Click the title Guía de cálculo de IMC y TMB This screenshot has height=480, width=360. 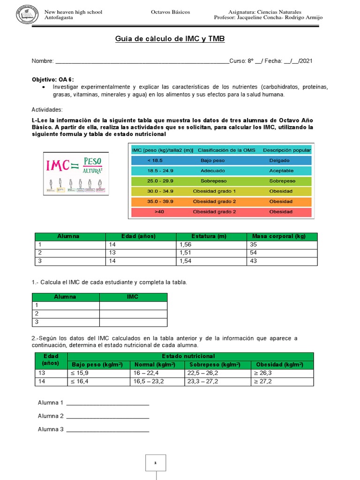point(170,39)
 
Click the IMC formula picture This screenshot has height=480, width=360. point(76,173)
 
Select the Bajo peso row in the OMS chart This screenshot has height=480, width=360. point(219,160)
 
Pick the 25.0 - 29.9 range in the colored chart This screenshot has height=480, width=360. point(154,181)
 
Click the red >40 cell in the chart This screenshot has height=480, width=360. point(154,212)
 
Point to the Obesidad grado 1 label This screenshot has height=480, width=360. point(214,191)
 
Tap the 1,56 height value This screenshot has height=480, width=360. point(186,245)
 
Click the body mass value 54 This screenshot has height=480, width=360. point(254,253)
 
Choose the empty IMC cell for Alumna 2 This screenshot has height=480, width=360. point(133,314)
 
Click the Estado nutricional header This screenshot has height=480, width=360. point(188,357)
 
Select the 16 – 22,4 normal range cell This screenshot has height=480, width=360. point(147,373)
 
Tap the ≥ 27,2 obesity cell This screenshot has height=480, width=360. point(265,382)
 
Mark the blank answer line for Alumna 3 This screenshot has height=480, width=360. point(108,429)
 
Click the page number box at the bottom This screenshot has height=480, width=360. point(155,463)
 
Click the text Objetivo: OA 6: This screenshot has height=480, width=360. point(52,79)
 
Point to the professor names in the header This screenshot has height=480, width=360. point(268,18)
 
